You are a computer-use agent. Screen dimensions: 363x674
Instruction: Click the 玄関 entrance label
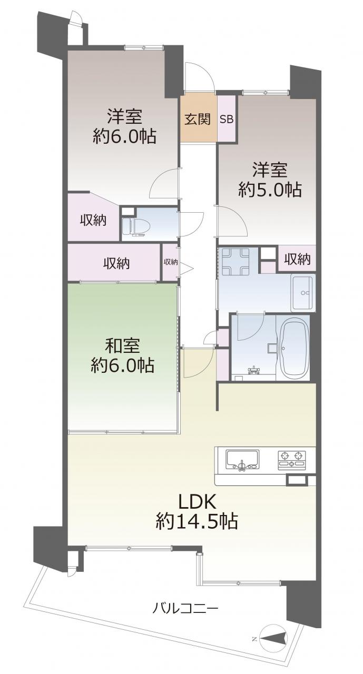198,120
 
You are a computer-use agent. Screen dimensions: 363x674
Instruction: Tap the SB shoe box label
227,120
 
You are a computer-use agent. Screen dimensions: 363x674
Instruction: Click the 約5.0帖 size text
270,190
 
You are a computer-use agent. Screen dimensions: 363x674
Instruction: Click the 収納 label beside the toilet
93,220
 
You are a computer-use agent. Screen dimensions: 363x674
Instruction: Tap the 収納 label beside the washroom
297,259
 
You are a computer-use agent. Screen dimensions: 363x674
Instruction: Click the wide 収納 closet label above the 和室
117,263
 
